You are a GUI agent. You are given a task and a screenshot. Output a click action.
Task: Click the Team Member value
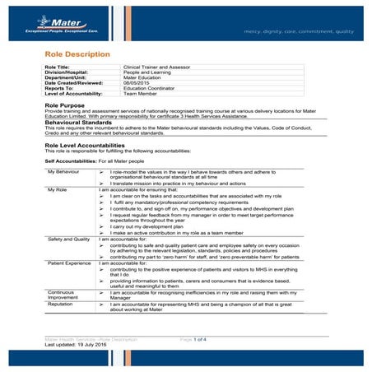142,94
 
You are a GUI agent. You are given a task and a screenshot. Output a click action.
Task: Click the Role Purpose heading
67,105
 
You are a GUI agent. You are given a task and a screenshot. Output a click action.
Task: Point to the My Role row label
58,190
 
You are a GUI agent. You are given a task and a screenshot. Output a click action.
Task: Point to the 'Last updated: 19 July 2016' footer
78,345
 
